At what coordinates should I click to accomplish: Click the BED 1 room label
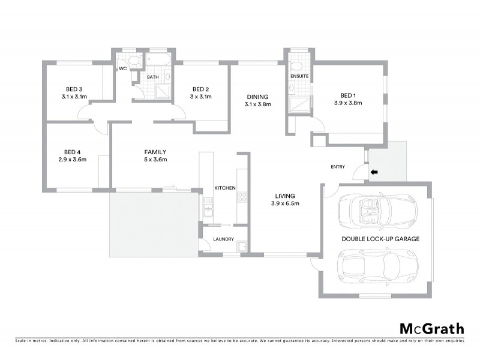348,95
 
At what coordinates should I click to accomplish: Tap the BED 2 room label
200,89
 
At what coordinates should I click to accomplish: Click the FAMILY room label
155,152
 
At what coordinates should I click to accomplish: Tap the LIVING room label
284,196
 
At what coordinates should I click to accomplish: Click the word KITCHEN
225,188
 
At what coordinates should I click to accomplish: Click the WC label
122,69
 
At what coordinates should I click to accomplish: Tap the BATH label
152,77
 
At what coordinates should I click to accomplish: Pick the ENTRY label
338,167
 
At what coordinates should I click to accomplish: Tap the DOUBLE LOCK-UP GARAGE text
380,238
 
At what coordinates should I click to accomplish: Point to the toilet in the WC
133,61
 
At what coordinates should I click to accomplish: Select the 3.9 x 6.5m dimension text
284,203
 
